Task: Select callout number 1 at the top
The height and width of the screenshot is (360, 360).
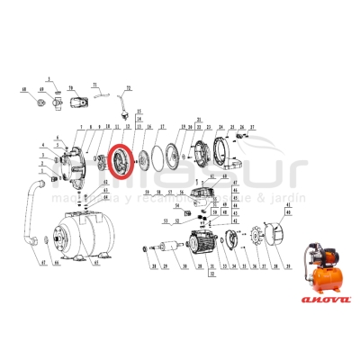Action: pos(50,81)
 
